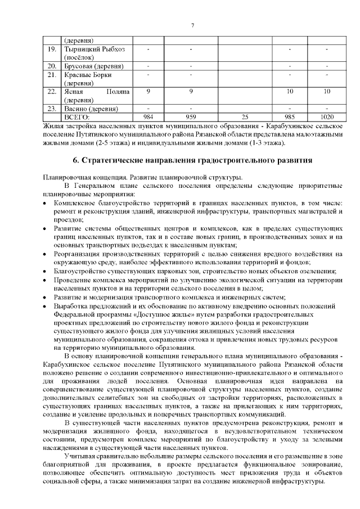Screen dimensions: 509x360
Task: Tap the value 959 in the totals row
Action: pyautogui.click(x=191, y=117)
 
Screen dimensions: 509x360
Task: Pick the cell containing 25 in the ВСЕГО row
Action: pyautogui.click(x=245, y=117)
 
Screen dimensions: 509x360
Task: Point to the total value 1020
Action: pyautogui.click(x=326, y=117)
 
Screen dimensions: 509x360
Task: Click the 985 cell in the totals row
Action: pyautogui.click(x=290, y=117)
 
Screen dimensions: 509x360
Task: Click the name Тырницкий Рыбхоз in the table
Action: pyautogui.click(x=94, y=50)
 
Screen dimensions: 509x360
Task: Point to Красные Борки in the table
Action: pyautogui.click(x=88, y=74)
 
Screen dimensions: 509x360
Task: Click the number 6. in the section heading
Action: pyautogui.click(x=76, y=160)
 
